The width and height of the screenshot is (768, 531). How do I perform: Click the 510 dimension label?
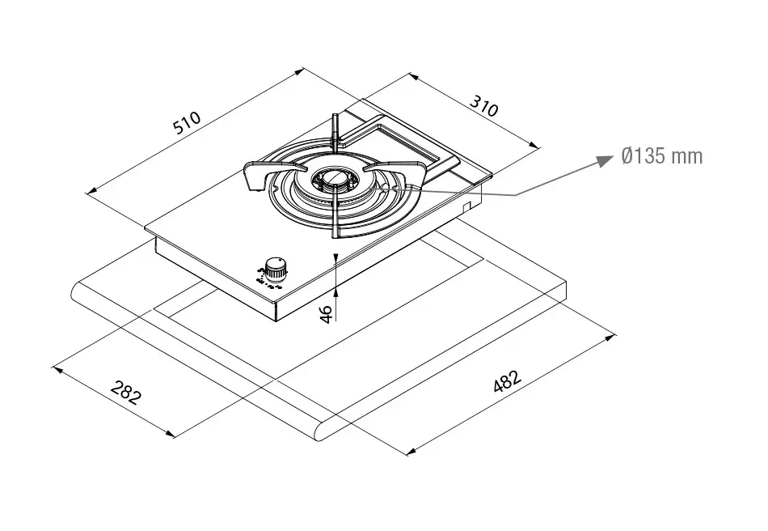(187, 122)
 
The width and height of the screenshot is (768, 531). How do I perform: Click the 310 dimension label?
(484, 106)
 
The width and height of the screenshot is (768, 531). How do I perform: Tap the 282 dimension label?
(126, 392)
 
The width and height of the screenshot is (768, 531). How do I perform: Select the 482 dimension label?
(508, 381)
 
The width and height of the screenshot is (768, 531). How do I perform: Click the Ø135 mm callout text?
(662, 156)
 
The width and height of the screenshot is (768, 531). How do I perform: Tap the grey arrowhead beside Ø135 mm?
(606, 159)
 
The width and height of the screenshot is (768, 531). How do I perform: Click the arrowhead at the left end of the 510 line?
(91, 191)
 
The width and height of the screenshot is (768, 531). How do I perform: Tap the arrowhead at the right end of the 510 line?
(299, 71)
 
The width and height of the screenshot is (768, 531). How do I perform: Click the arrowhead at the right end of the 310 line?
(534, 144)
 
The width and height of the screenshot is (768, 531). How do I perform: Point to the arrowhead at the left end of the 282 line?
(57, 369)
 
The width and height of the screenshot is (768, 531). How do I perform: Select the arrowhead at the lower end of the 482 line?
(411, 451)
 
